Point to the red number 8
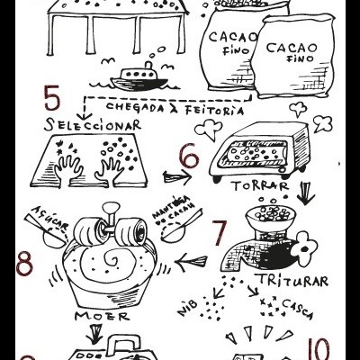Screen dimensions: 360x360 pyautogui.click(x=25, y=265)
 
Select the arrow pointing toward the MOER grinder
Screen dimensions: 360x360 pyautogui.click(x=193, y=262)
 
